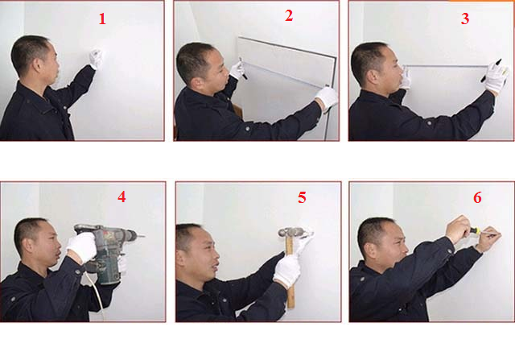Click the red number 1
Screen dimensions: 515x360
tap(102, 19)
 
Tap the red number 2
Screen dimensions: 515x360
tap(289, 15)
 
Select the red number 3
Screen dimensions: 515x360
tap(465, 19)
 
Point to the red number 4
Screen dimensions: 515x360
tap(122, 197)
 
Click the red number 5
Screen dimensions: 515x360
tap(302, 197)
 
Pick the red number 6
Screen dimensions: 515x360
tap(477, 197)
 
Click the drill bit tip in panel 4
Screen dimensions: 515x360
tap(144, 236)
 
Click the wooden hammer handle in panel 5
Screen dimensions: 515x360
tap(290, 273)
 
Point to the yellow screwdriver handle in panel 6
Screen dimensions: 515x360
tap(474, 231)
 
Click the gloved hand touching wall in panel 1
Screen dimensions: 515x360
tap(96, 59)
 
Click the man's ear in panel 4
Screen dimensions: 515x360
tap(29, 244)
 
